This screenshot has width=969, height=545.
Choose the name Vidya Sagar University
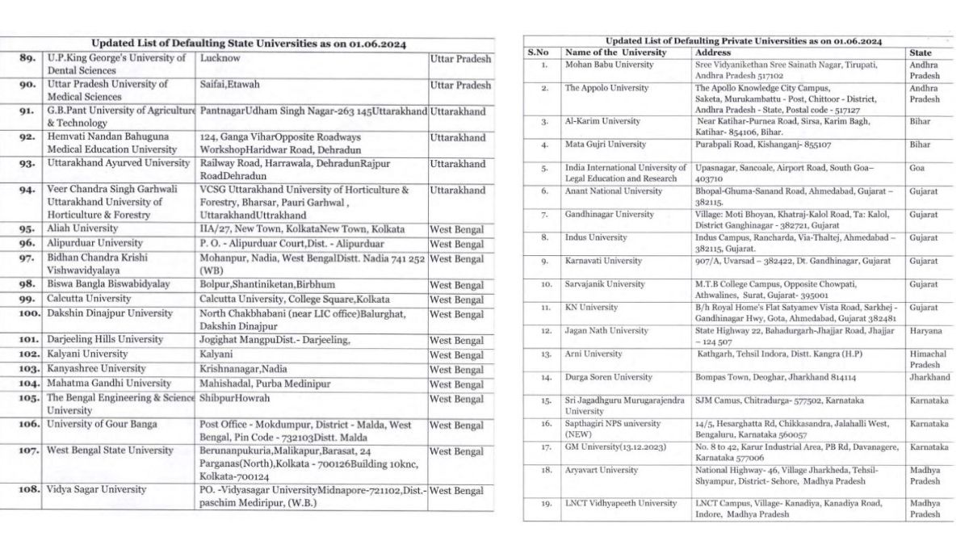pyautogui.click(x=96, y=489)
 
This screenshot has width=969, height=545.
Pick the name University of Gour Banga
pyautogui.click(x=102, y=424)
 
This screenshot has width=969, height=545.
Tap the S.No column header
pyautogui.click(x=538, y=52)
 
